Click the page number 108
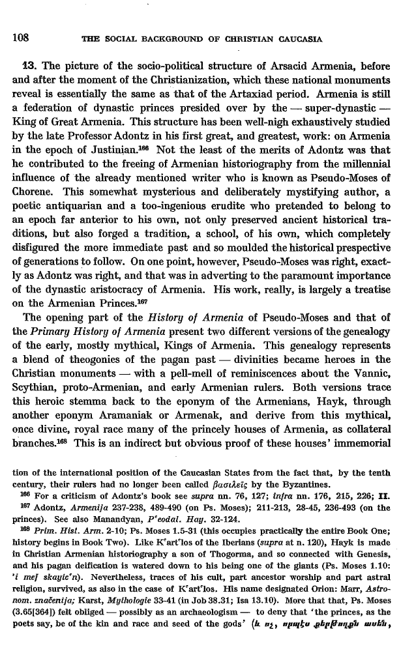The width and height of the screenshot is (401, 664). click(19, 37)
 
